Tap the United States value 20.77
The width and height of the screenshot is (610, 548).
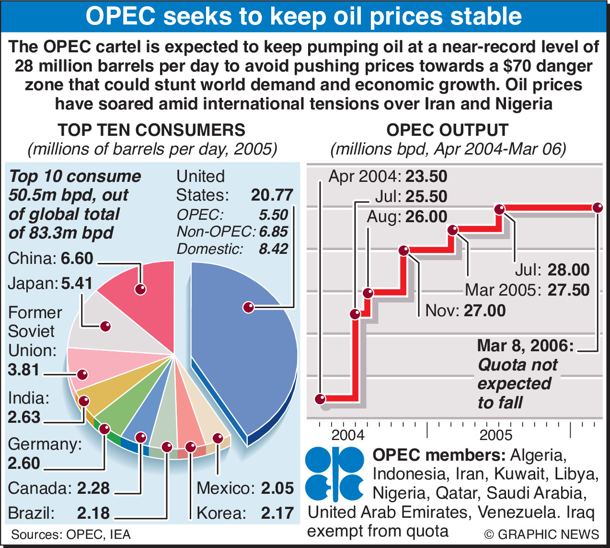pos(272,195)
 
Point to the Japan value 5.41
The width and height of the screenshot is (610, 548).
pos(77,283)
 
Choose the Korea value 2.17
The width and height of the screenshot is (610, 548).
pos(277,513)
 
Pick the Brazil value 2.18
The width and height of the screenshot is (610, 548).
pos(93,513)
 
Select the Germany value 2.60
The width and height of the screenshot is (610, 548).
pos(24,463)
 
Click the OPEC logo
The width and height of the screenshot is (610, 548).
pos(334,474)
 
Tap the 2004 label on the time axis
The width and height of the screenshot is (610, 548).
pos(348,435)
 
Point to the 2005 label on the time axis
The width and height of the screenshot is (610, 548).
pos(496,435)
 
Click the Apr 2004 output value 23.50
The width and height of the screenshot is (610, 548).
pos(426,176)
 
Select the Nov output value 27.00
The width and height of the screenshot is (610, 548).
pos(484,310)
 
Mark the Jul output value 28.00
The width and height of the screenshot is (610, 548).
pos(568,270)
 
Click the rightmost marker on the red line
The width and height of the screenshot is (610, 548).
pos(597,208)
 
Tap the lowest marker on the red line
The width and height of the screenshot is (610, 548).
pos(320,398)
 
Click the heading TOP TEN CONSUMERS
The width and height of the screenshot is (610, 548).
pos(151,130)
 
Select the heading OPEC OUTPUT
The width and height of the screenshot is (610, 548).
pos(447,130)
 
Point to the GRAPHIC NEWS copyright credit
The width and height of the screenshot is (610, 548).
pos(541,534)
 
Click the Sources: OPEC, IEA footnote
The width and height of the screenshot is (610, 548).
pos(71,535)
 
